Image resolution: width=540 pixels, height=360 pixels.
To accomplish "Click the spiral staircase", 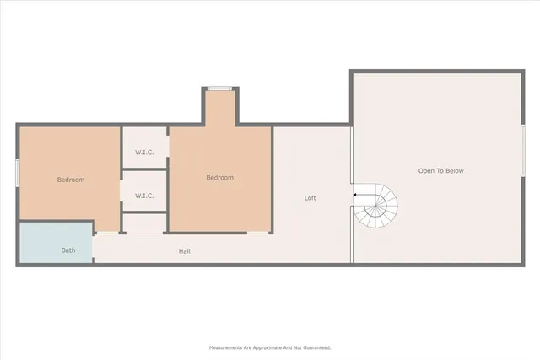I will tap(375, 207).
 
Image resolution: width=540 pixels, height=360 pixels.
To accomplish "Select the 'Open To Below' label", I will tap(440, 171).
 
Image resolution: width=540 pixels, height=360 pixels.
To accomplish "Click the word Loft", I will tap(310, 198).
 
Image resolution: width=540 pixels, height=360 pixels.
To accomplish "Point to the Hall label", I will tap(184, 251).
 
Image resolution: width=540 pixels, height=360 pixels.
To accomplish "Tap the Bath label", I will tap(68, 250).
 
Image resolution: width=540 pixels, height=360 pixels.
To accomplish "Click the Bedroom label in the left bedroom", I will tap(71, 180).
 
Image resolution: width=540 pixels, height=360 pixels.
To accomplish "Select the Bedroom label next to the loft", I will tap(220, 178).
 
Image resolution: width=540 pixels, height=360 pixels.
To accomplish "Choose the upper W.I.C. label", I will tap(144, 153).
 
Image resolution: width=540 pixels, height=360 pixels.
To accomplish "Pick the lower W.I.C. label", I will tap(144, 196).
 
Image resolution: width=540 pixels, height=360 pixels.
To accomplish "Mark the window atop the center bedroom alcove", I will tap(220, 88).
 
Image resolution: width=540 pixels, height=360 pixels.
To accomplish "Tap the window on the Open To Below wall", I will tap(523, 151).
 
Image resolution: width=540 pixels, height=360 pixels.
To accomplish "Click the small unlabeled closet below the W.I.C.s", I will tap(144, 223).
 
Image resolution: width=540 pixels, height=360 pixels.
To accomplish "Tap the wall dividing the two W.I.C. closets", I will tap(144, 171).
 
